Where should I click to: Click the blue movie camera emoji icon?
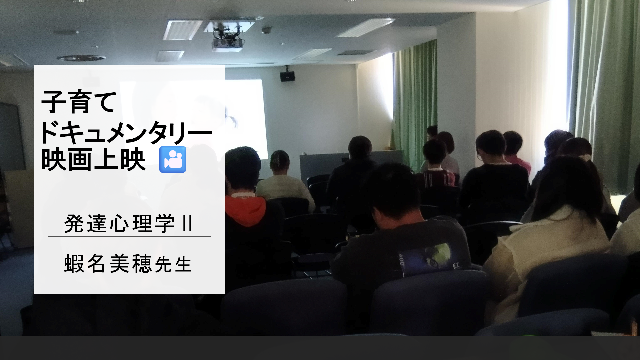point(172,159)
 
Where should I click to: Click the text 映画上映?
point(93,160)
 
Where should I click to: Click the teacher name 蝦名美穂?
point(108,264)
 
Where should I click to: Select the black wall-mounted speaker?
point(287,76)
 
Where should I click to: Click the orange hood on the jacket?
point(245,210)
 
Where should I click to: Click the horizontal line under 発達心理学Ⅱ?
point(129,237)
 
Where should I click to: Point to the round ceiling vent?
point(81,58)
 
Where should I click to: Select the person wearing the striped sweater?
point(436,163)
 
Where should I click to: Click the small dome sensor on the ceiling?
point(266,30)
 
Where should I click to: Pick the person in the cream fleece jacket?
point(547,240)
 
